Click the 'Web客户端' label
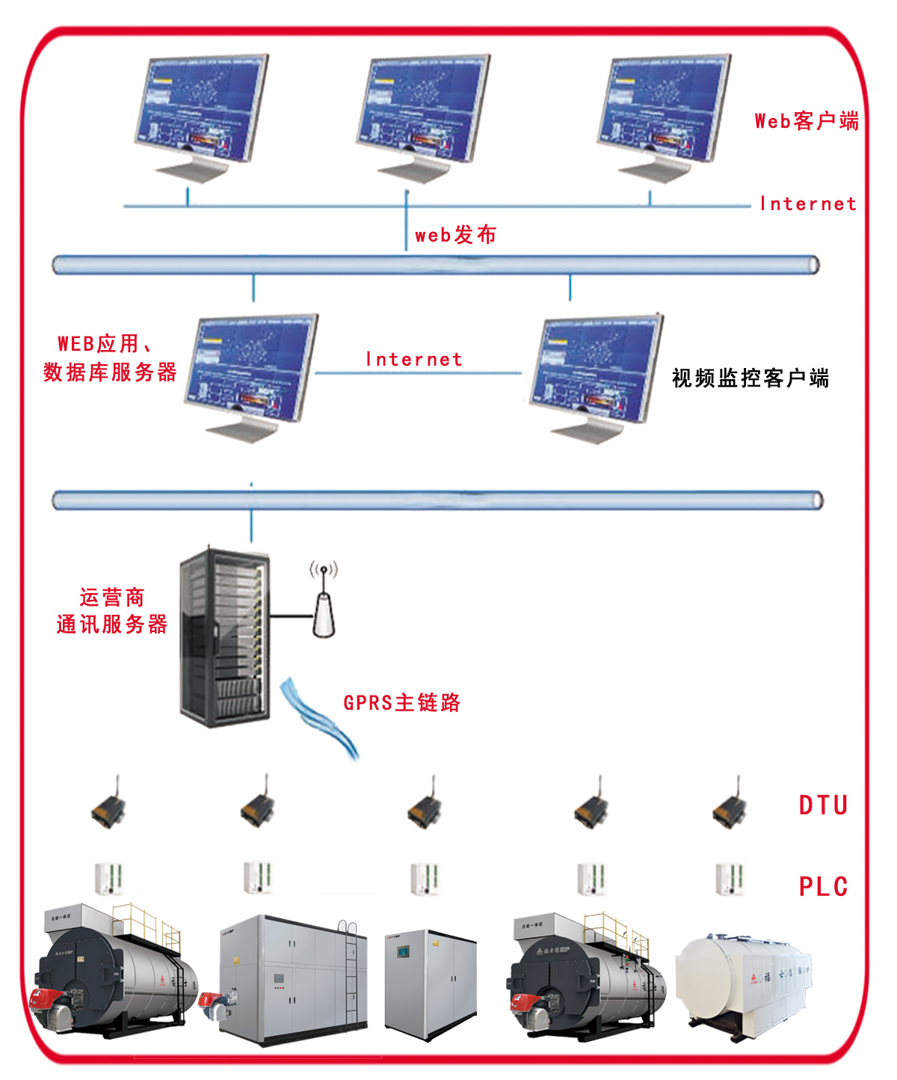tap(806, 120)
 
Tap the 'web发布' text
tap(455, 235)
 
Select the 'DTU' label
tap(823, 806)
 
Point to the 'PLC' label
tap(823, 887)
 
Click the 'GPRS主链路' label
tap(401, 702)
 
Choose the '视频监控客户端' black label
tap(750, 378)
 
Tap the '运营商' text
tap(112, 597)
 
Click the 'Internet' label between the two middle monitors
tap(414, 360)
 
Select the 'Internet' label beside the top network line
tap(808, 204)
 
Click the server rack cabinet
tap(224, 636)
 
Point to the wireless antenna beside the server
tap(324, 602)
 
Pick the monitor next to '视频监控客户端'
tap(596, 374)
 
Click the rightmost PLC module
tap(730, 878)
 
